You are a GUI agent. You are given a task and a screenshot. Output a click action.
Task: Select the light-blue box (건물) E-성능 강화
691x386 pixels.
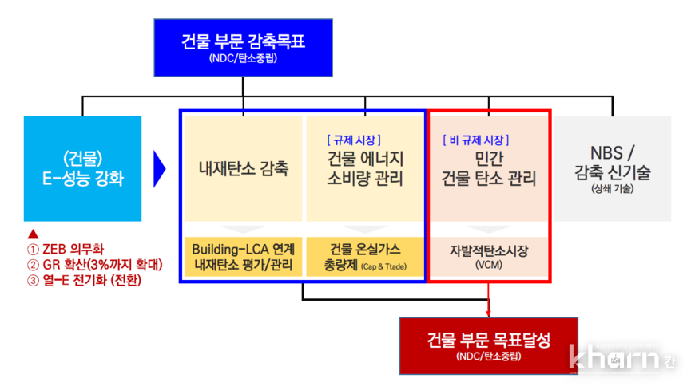click(x=83, y=167)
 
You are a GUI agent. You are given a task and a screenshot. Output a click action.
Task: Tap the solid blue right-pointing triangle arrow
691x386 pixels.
click(x=159, y=167)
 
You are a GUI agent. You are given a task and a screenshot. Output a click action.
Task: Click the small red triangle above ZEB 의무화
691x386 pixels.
click(x=33, y=234)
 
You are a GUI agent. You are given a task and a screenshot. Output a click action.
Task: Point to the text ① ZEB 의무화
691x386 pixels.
click(x=66, y=249)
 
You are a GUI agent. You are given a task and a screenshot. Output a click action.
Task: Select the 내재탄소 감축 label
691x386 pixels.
click(x=243, y=168)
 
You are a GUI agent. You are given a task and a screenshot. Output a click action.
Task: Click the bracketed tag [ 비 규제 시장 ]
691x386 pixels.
click(x=476, y=140)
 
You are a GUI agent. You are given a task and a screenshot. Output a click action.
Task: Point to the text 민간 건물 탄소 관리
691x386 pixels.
click(x=488, y=168)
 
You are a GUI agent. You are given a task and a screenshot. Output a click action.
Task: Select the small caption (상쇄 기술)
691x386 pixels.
click(x=612, y=190)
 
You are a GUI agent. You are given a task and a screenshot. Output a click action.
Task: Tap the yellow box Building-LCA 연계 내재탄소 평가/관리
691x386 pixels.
click(x=244, y=257)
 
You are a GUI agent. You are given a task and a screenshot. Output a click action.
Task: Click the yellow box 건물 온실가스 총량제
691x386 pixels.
click(x=364, y=257)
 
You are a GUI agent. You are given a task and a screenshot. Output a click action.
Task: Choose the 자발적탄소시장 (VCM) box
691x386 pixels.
click(x=489, y=257)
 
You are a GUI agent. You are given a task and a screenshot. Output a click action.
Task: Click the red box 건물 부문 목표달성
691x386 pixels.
click(x=488, y=345)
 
